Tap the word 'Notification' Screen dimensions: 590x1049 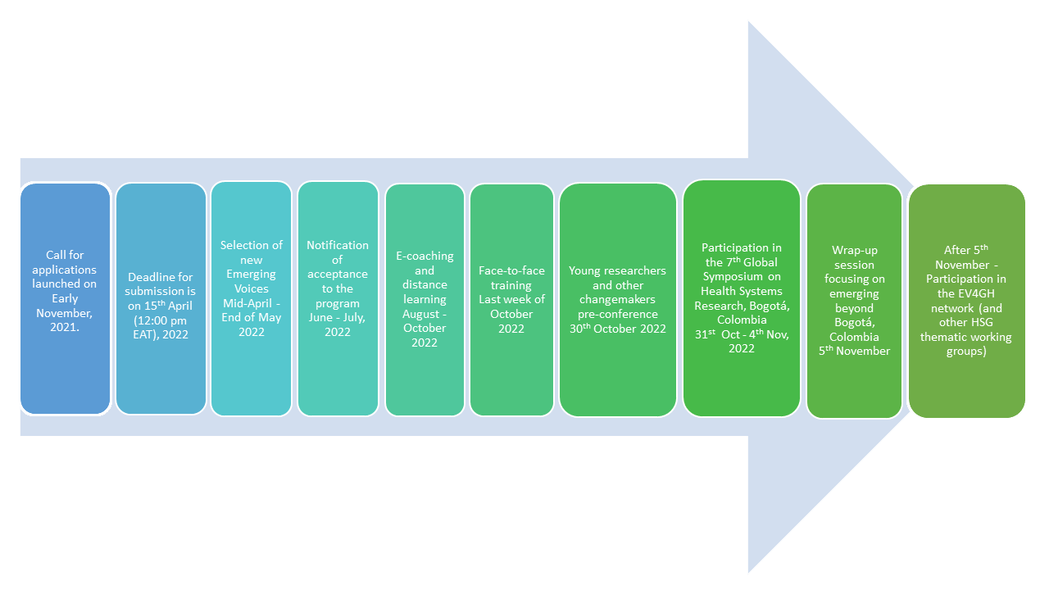click(x=338, y=245)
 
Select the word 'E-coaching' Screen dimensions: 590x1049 click(x=425, y=256)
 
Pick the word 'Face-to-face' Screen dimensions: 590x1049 click(x=511, y=270)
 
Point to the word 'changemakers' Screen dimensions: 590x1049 click(x=617, y=299)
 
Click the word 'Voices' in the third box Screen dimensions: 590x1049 click(x=251, y=288)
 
